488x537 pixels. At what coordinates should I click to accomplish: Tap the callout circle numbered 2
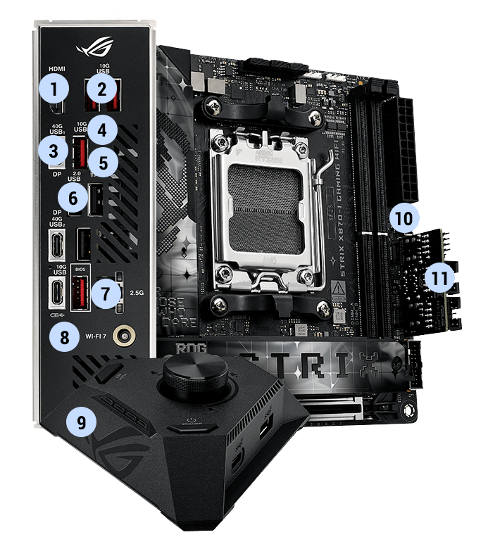[x=103, y=89]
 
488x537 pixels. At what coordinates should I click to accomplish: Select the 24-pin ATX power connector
[x=409, y=148]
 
